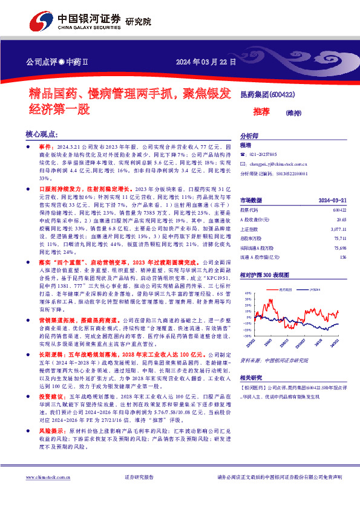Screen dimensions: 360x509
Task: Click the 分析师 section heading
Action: tap(249, 136)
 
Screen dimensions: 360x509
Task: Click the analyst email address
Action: tap(275, 163)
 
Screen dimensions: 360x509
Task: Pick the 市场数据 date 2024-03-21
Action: tap(331, 200)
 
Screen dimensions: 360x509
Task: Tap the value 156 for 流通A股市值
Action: tap(343, 258)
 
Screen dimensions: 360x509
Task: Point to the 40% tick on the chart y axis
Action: tap(246, 293)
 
